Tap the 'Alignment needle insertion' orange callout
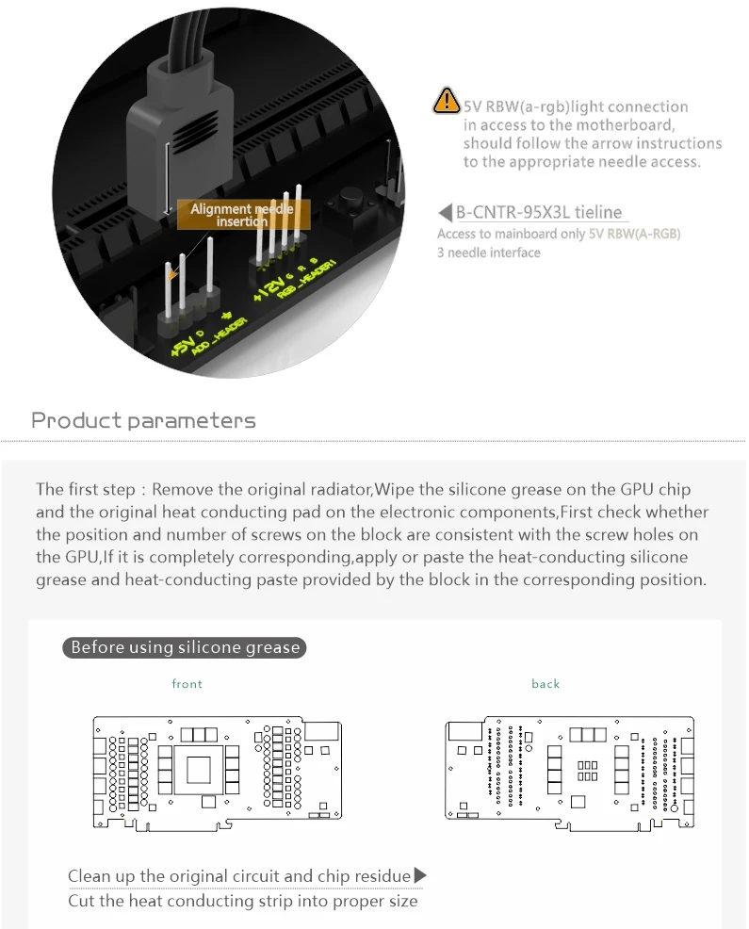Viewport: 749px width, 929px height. (x=242, y=215)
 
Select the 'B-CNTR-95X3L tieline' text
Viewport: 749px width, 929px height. (x=539, y=213)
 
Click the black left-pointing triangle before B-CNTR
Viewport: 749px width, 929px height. (x=447, y=213)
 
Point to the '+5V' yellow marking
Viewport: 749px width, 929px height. (x=181, y=347)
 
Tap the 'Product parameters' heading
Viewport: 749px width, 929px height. (x=143, y=420)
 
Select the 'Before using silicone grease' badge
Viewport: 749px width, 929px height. (x=185, y=647)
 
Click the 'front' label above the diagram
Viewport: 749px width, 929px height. (x=187, y=684)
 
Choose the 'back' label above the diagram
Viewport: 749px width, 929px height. (x=545, y=684)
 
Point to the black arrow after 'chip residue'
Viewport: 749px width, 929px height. (x=420, y=876)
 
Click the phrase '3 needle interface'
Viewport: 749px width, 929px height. (x=489, y=253)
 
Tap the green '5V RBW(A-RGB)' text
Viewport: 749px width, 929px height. (x=634, y=234)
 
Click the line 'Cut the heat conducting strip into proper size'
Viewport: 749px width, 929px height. (x=242, y=901)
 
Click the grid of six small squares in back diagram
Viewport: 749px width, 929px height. (x=588, y=771)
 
